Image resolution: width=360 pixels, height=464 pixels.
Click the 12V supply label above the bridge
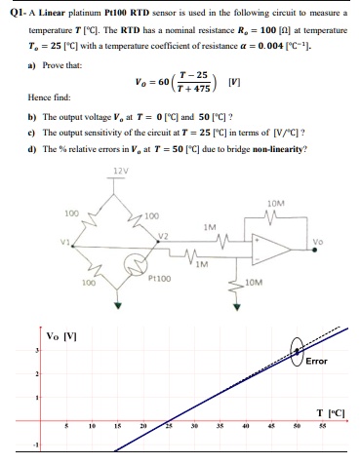tap(120, 178)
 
